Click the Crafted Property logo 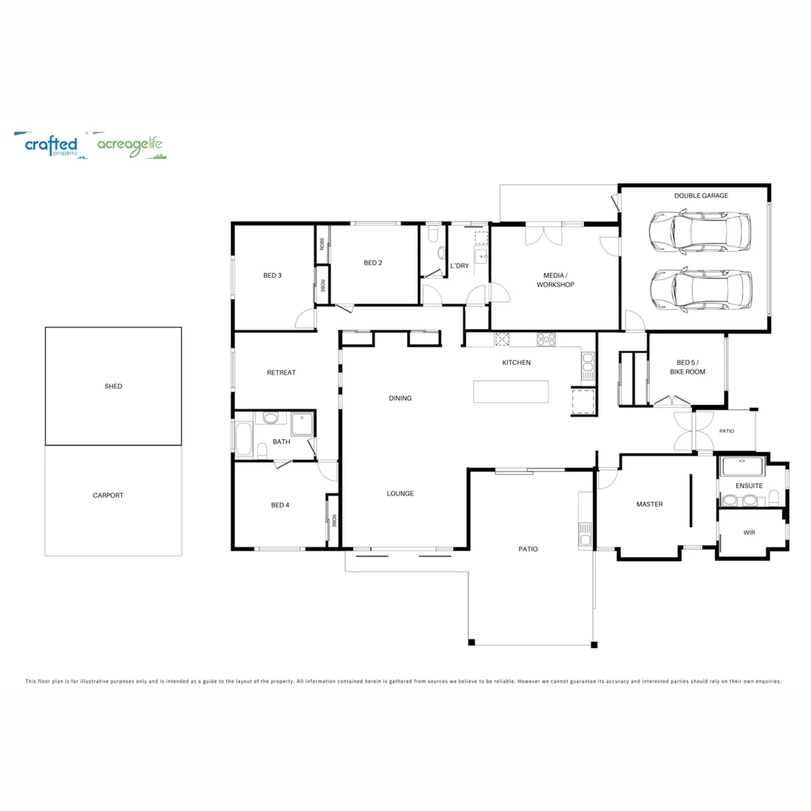pos(51,145)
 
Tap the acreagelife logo pos(130,146)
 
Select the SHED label pos(113,386)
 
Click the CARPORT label pos(108,496)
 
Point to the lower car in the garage pos(700,290)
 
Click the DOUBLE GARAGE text pos(701,195)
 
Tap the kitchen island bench pos(511,392)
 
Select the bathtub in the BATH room pos(243,440)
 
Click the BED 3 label pos(272,276)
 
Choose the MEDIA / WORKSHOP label pos(556,279)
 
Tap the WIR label pos(749,532)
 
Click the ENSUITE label pos(749,486)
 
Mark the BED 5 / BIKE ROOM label pos(686,367)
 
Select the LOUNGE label pos(400,493)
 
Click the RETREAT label pos(282,372)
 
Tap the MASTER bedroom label pos(650,504)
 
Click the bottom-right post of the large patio pos(594,644)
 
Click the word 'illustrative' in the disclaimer pos(108,682)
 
